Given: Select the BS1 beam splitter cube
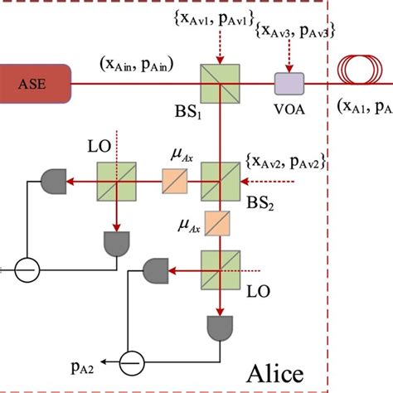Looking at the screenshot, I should (219, 84).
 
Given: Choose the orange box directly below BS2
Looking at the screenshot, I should (219, 223).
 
